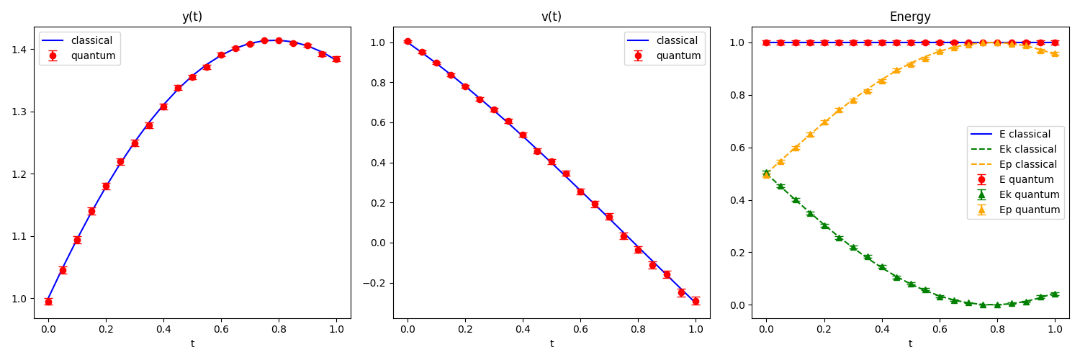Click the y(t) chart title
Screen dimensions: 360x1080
[192, 17]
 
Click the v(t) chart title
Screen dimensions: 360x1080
[552, 17]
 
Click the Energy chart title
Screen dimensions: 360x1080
[910, 17]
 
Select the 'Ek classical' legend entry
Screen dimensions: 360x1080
[1014, 149]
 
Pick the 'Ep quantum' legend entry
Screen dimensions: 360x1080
[1014, 210]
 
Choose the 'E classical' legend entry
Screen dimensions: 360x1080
[1014, 134]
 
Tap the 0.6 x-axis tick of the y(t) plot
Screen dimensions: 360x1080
[221, 329]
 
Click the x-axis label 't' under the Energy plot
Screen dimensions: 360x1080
[910, 344]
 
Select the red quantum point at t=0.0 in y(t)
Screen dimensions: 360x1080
[48, 302]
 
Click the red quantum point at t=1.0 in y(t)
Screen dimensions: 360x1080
[336, 59]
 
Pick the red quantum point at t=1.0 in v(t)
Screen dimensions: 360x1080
[696, 301]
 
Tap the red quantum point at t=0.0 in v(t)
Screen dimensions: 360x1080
[408, 42]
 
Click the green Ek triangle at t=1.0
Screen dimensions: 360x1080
[1055, 294]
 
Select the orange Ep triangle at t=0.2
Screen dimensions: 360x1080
[824, 122]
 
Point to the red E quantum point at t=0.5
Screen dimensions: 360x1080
[911, 42]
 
